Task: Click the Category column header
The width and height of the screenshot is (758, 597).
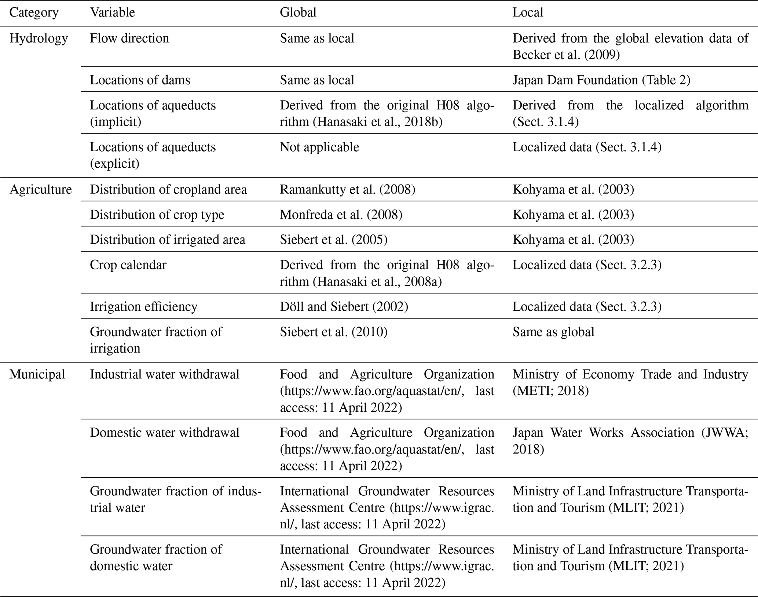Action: pos(34,12)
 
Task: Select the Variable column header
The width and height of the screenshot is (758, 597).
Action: pos(112,12)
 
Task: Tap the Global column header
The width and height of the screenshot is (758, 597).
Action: pos(298,12)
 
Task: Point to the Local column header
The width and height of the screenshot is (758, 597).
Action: pos(527,12)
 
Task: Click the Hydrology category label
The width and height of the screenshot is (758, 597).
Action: pos(39,38)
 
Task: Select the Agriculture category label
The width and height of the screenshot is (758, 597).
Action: pos(40,189)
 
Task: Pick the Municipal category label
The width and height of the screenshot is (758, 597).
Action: pos(37,374)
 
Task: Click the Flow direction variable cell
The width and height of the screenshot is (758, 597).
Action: pos(129,38)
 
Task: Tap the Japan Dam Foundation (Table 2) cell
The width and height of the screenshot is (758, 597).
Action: pos(601,80)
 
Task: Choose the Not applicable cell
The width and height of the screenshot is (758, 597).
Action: pos(319,147)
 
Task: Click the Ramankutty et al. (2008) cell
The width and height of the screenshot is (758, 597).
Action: pos(347,189)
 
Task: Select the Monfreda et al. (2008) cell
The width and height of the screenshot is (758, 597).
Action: pos(341,214)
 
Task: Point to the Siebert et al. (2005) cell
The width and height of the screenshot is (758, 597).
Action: pos(333,240)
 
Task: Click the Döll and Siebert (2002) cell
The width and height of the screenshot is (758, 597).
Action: pos(344,306)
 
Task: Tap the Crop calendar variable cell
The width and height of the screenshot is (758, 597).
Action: pos(128,265)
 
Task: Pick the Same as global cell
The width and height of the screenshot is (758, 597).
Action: pos(553,332)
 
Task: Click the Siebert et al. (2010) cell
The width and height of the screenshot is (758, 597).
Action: pos(333,332)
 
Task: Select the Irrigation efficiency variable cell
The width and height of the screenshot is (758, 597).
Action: pos(143,306)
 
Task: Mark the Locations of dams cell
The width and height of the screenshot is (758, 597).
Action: pos(140,80)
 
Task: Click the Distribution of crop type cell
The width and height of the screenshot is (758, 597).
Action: pos(157,214)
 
